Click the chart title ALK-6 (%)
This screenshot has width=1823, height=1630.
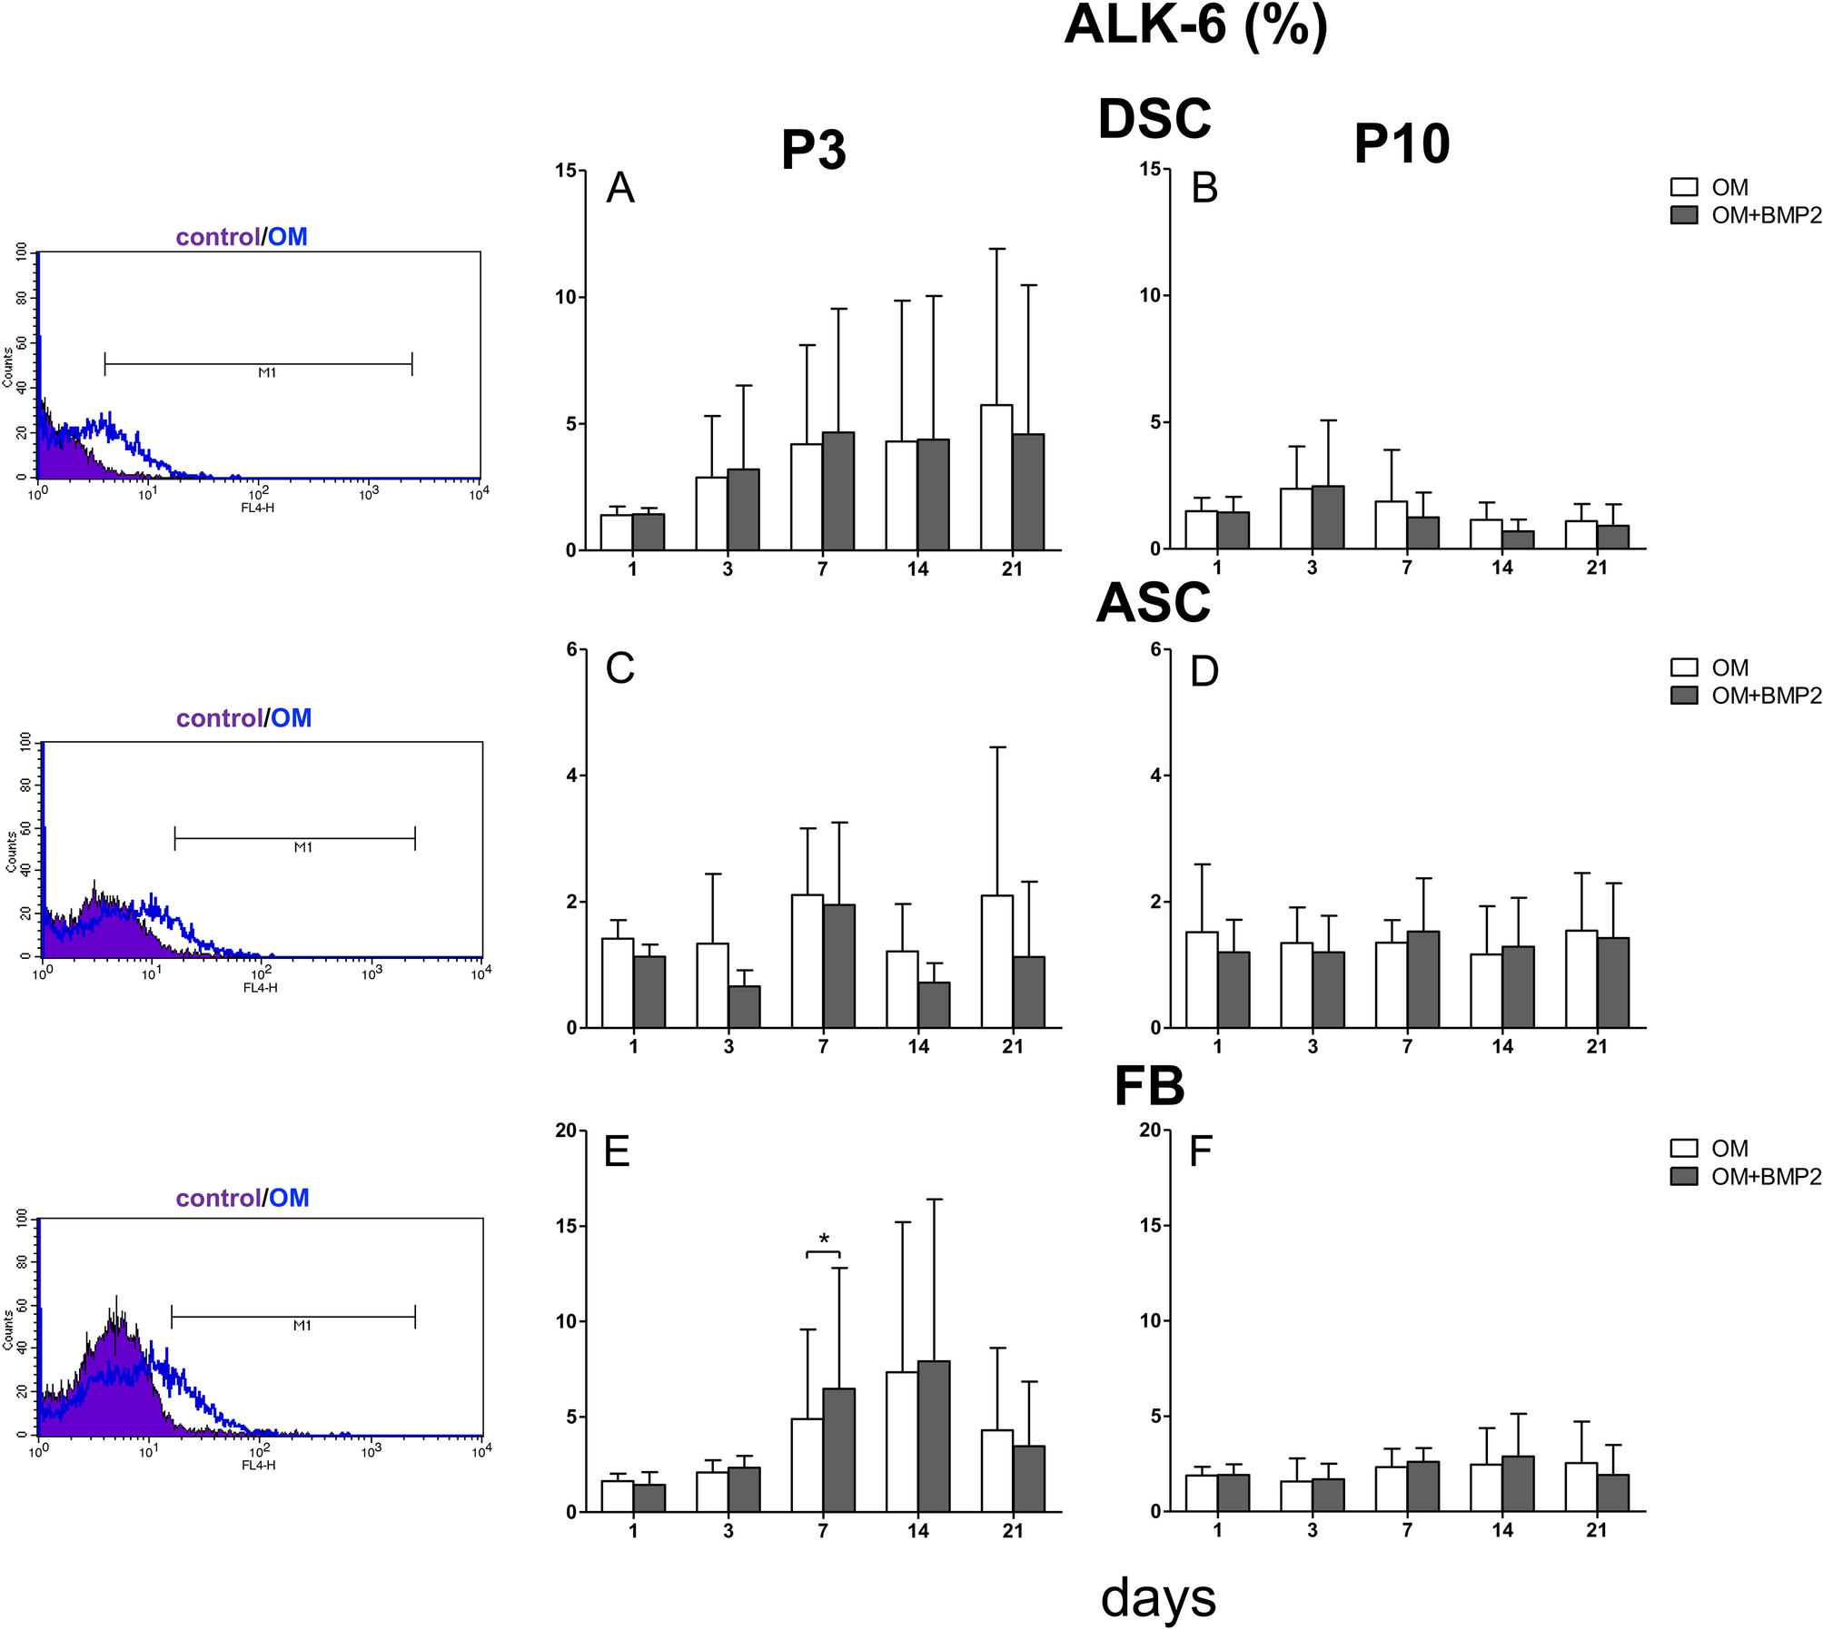[x=1195, y=25]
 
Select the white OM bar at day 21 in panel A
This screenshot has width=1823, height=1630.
[x=996, y=478]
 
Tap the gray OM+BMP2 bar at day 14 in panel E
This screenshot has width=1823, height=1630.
[x=934, y=1436]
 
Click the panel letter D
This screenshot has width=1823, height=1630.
[x=1204, y=671]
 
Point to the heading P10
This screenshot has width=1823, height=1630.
[x=1401, y=143]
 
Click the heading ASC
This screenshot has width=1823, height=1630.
[x=1153, y=603]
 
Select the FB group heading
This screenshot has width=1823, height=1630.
[x=1149, y=1086]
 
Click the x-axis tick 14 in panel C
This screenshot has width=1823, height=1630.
[x=917, y=1047]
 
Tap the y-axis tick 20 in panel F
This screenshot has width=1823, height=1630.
[x=1150, y=1131]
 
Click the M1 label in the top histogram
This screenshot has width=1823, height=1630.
[x=267, y=372]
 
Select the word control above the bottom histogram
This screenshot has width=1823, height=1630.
[x=218, y=1198]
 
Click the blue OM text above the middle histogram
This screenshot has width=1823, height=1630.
[x=292, y=718]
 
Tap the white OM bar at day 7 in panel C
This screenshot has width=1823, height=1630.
[x=807, y=961]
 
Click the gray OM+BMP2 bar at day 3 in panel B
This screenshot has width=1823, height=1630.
[x=1328, y=518]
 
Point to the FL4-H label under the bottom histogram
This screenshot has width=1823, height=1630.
[x=258, y=1465]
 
